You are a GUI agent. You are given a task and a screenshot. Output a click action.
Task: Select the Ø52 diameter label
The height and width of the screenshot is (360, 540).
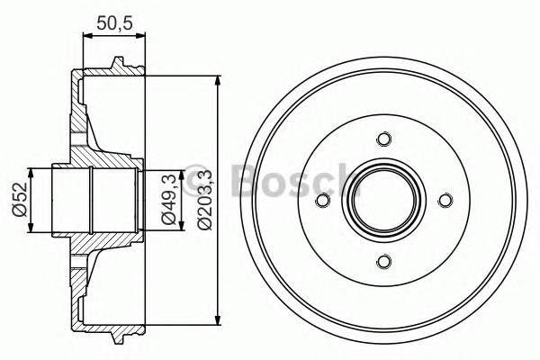tap(17, 201)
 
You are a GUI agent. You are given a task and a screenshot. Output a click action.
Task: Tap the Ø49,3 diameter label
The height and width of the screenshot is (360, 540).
tap(167, 200)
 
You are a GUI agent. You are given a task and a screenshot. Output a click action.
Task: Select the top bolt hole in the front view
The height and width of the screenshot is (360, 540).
tap(384, 139)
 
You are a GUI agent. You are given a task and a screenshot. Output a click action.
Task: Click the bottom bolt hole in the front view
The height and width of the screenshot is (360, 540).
tap(384, 262)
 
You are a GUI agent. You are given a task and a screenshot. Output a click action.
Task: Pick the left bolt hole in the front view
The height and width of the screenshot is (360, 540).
tap(323, 201)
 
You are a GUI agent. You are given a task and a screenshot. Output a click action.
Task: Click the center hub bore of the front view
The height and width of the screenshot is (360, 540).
tap(384, 201)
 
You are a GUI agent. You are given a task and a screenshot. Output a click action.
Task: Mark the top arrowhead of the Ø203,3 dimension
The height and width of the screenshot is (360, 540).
tap(219, 81)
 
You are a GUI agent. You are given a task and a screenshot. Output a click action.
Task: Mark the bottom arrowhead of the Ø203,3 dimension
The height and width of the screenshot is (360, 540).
tap(219, 320)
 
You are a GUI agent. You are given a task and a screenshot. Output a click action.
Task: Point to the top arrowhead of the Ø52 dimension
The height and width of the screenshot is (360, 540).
tap(32, 172)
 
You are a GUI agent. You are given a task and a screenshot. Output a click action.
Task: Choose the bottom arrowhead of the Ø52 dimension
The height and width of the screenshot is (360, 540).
tap(32, 229)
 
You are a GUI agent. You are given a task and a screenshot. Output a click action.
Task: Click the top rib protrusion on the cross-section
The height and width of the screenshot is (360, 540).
tap(116, 63)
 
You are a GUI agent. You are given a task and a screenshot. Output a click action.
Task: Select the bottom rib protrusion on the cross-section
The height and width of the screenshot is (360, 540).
tap(116, 339)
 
